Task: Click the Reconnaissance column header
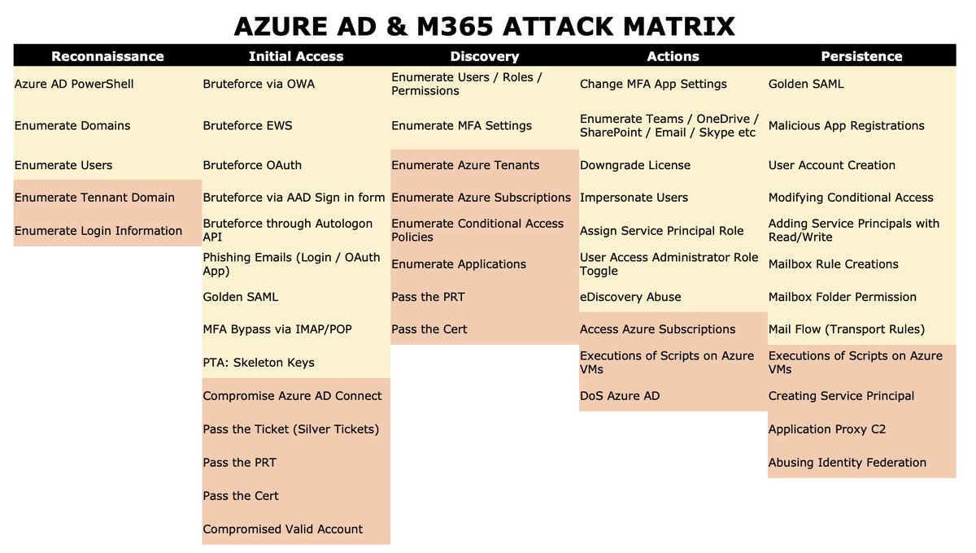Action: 107,56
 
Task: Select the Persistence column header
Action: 861,56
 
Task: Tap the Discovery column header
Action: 484,56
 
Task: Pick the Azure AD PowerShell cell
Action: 74,84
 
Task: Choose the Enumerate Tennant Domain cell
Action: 94,198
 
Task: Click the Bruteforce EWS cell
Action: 247,126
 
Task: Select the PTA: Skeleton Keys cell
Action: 258,363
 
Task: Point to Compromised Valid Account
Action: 282,529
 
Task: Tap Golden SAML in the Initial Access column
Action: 240,297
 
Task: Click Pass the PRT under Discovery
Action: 428,297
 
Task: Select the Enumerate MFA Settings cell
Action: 461,126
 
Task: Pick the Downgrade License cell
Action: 634,165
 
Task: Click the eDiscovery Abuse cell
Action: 630,297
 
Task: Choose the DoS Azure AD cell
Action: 620,396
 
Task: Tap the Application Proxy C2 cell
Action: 826,429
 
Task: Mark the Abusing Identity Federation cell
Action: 847,463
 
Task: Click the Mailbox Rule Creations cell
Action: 833,264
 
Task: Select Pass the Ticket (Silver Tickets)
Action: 290,429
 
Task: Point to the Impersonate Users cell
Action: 634,198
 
